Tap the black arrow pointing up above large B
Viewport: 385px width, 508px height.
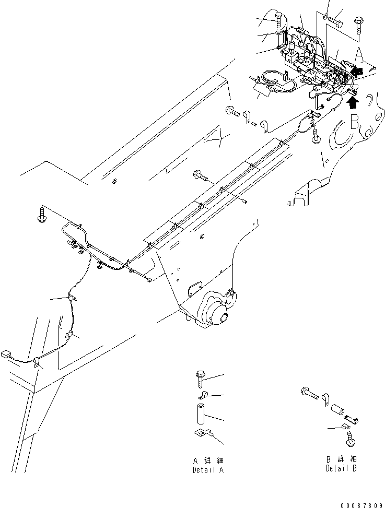pos(353,101)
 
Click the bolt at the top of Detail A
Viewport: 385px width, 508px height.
pos(201,377)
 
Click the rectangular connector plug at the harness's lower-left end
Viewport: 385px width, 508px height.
pos(7,354)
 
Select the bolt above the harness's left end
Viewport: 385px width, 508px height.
pos(42,214)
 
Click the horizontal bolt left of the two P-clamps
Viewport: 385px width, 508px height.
pos(232,111)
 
